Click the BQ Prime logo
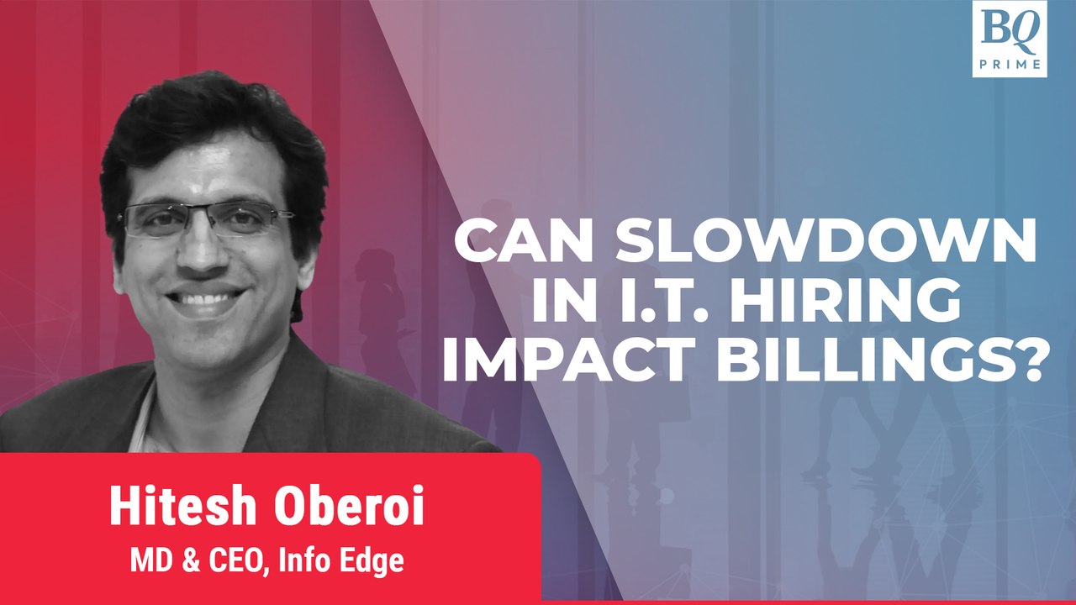(1010, 39)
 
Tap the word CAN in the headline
(527, 239)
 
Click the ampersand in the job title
(191, 560)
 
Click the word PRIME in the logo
(1010, 65)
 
